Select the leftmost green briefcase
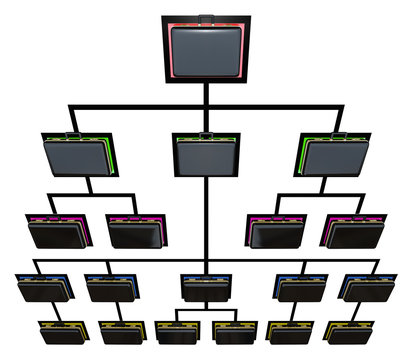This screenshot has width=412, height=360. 80,155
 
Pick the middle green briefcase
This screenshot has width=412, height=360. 206,155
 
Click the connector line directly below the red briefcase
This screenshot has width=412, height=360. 206,95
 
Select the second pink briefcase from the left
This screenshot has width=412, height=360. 137,231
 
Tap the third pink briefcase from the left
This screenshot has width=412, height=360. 275,231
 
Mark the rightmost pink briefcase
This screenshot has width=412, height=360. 352,231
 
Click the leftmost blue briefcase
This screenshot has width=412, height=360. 43,287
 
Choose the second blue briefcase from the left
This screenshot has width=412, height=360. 111,287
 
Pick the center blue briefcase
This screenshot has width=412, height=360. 207,287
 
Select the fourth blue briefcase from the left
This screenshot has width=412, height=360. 299,287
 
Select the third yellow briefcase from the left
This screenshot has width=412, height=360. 176,332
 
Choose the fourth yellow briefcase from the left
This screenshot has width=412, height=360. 235,332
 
